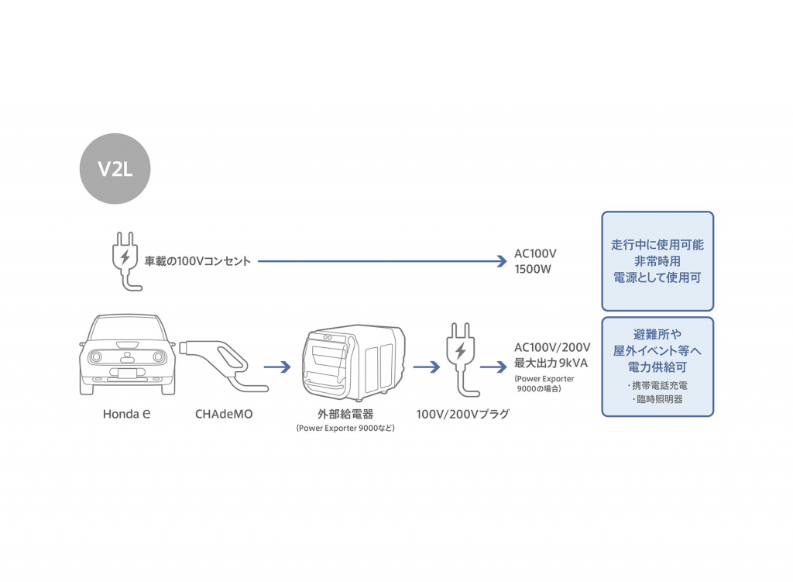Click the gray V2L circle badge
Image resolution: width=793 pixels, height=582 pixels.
[115, 169]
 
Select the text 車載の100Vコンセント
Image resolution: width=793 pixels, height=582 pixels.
[197, 262]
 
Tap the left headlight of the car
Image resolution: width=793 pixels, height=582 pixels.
[95, 357]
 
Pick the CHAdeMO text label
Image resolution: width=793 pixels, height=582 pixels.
[224, 414]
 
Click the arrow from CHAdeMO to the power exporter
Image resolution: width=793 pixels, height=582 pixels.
[277, 367]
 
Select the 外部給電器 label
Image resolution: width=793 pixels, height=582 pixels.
[345, 414]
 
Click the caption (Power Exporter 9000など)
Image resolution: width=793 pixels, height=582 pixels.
[345, 428]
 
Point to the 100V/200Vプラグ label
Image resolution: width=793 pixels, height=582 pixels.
[462, 414]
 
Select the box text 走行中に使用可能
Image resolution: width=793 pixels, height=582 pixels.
[657, 245]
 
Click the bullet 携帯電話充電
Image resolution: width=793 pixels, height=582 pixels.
[657, 384]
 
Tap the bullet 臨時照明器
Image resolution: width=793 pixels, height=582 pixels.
[657, 400]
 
